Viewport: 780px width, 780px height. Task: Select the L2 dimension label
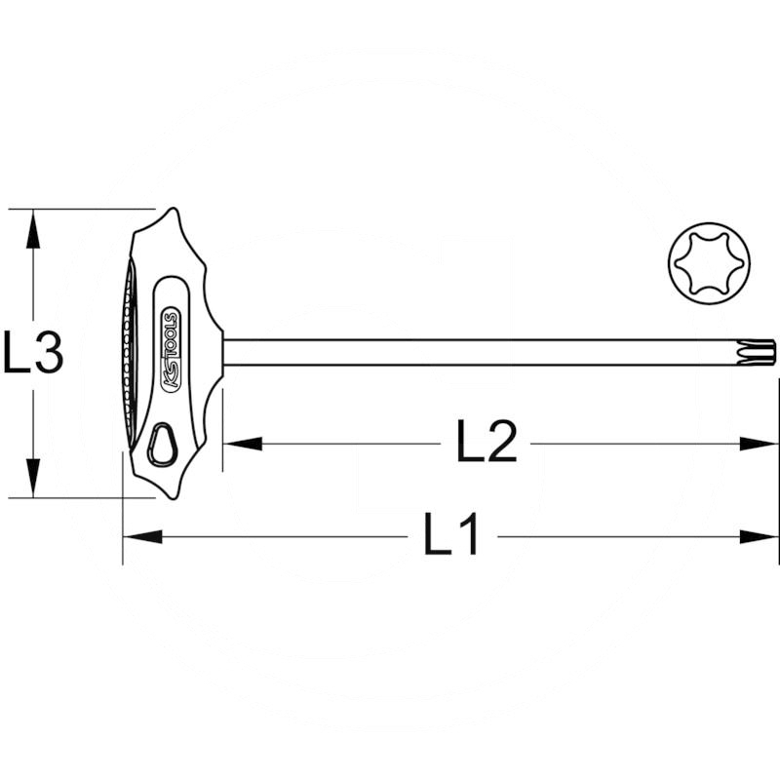click(486, 444)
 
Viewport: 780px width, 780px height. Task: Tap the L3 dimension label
click(32, 353)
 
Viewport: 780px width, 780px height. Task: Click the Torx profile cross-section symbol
click(710, 262)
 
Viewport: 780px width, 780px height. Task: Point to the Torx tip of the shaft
click(761, 352)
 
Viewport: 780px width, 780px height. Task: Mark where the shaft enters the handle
click(224, 352)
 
